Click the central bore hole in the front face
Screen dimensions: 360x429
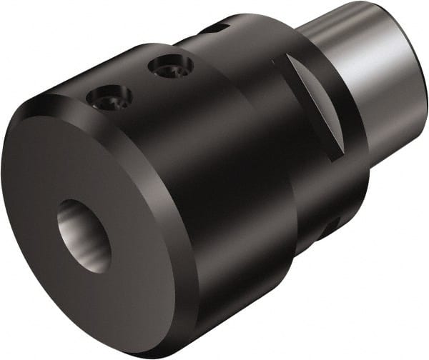tap(84, 234)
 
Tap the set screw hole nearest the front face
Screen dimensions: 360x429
tap(108, 97)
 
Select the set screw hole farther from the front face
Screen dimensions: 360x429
tap(170, 67)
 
